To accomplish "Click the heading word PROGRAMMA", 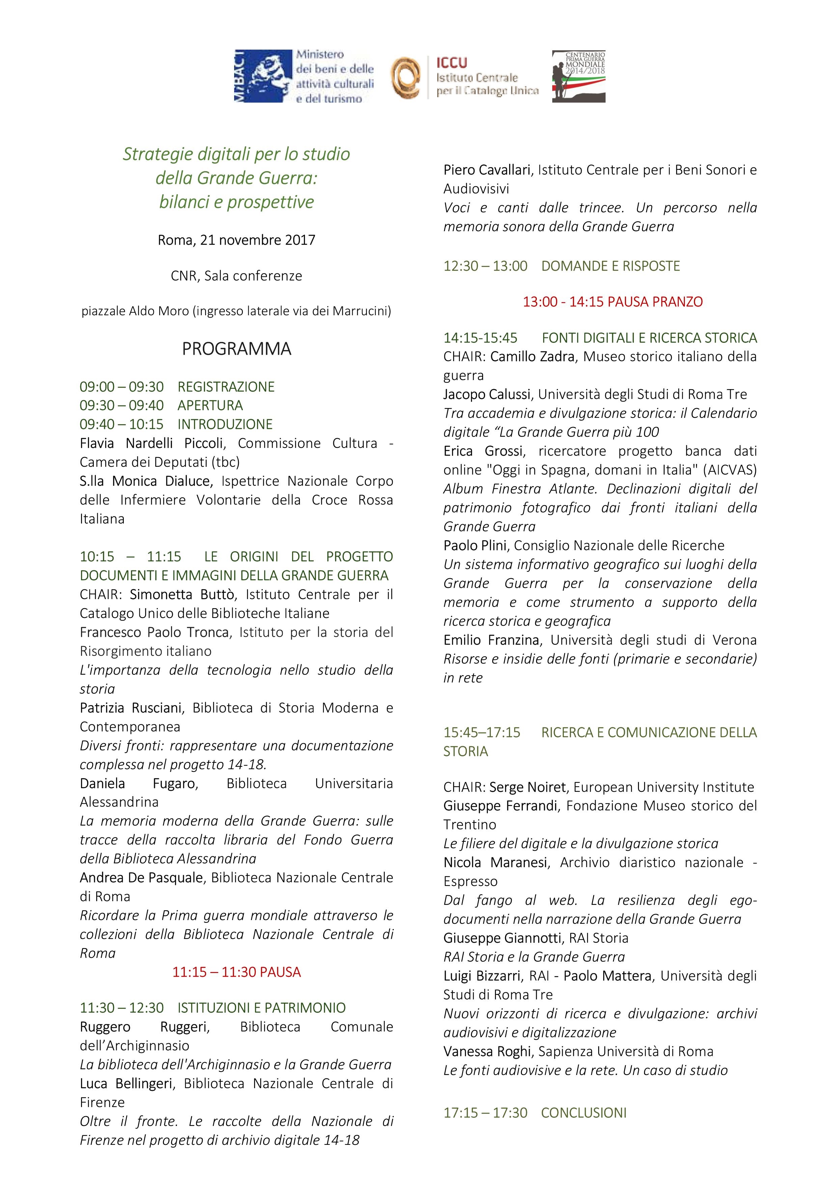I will [x=236, y=349].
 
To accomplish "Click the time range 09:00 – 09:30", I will [x=122, y=387].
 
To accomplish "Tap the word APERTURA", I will [x=210, y=405].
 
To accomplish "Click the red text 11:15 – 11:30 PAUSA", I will [x=236, y=972].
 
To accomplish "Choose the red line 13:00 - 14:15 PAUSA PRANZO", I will [x=613, y=302].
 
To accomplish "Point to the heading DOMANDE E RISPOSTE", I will [x=610, y=266].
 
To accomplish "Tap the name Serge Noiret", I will [x=527, y=787].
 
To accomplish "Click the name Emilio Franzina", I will [x=492, y=640].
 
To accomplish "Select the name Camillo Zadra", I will [x=532, y=356].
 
